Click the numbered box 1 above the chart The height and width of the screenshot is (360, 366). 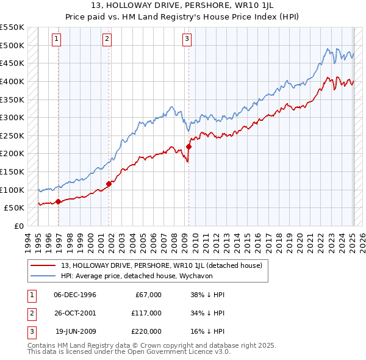(56, 40)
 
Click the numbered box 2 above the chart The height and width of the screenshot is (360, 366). (107, 40)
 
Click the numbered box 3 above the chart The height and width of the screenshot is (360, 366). (186, 40)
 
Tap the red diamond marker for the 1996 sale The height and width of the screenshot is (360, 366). (58, 201)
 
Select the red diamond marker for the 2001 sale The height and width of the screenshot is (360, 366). (109, 183)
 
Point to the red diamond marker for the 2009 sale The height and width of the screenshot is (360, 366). (189, 146)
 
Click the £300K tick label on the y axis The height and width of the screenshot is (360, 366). (12, 117)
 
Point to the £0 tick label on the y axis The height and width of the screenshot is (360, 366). (18, 226)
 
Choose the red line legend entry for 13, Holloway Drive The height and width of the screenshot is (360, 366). (162, 265)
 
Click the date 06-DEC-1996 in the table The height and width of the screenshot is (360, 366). (75, 295)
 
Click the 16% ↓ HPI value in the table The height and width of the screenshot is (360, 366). (207, 331)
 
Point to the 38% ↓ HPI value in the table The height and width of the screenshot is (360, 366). (207, 295)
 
